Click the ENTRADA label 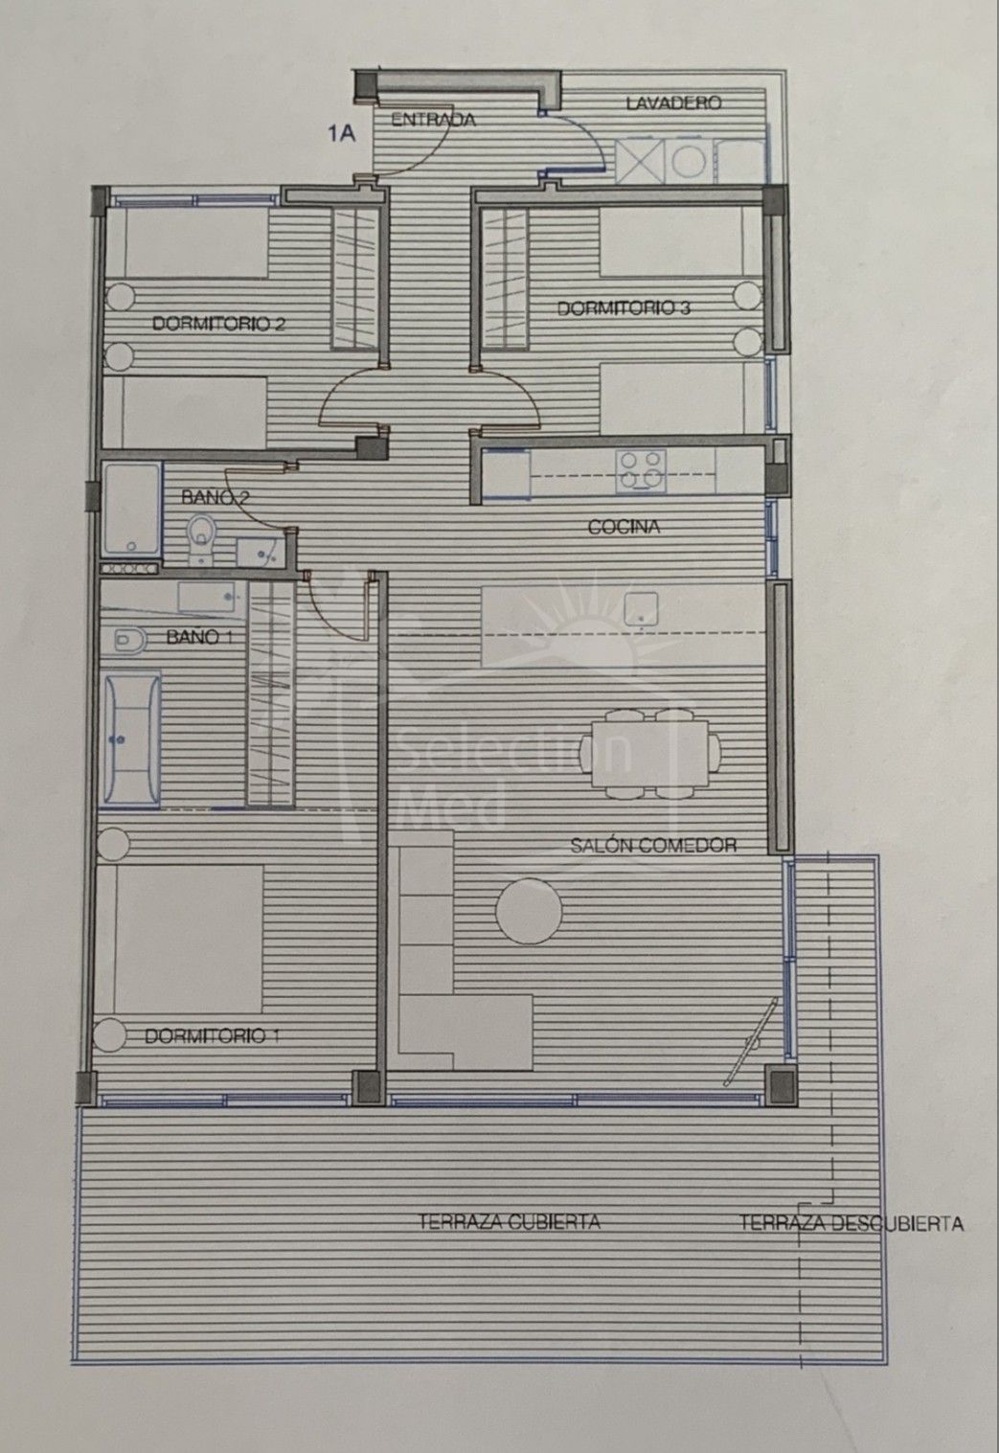click(433, 120)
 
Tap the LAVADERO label click(674, 102)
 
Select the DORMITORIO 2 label click(218, 323)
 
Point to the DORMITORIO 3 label click(624, 307)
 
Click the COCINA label click(624, 527)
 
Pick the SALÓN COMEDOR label click(653, 845)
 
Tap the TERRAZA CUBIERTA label click(510, 1222)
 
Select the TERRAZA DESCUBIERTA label click(851, 1223)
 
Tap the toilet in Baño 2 click(202, 537)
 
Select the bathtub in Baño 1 click(132, 739)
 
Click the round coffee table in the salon click(529, 910)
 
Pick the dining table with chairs click(649, 753)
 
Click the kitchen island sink click(641, 609)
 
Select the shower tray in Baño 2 click(131, 509)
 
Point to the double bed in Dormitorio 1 click(179, 939)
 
